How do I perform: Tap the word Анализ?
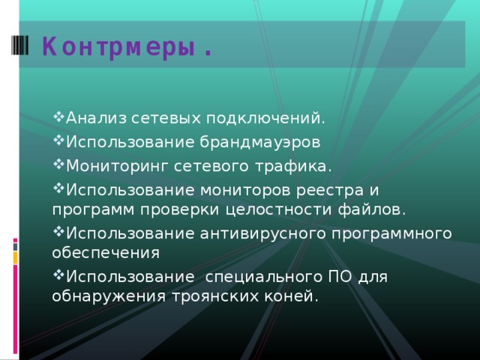click(x=91, y=118)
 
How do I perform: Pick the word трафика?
click(x=293, y=165)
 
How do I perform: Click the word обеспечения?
click(x=106, y=252)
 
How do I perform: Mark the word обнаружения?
click(x=106, y=297)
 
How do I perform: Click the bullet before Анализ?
click(x=58, y=118)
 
